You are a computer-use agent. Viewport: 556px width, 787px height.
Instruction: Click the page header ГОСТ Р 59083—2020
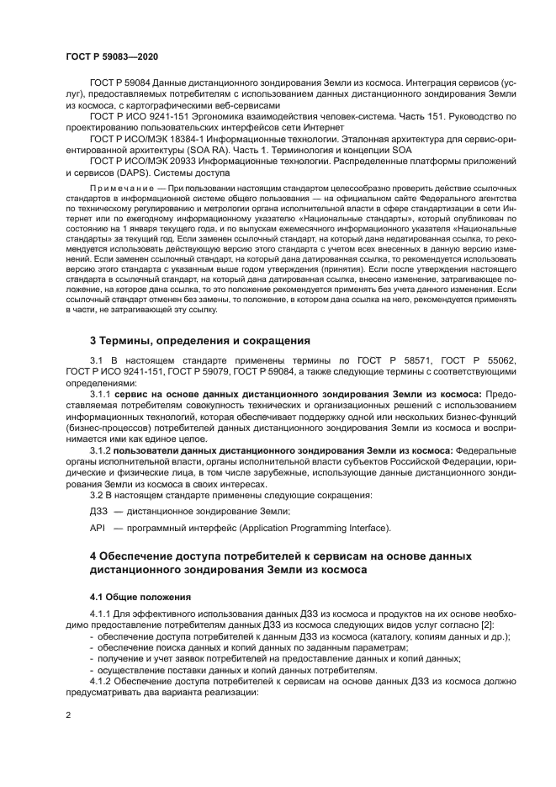pos(111,56)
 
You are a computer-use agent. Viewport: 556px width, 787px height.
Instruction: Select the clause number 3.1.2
pos(101,449)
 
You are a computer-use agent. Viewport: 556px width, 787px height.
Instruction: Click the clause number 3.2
pos(97,494)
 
